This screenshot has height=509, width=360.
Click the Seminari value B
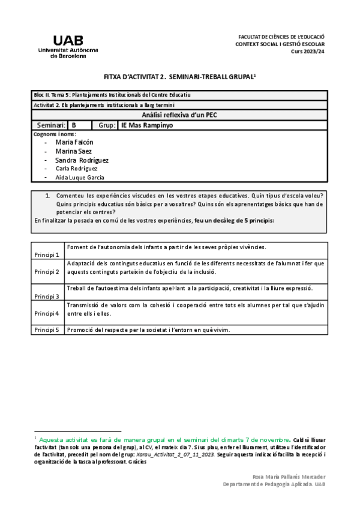coord(74,125)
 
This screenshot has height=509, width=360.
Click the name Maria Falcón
coord(74,142)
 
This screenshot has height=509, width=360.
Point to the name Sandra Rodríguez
coord(82,160)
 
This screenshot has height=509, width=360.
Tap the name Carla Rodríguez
coord(76,169)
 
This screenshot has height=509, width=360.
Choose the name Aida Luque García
coord(79,178)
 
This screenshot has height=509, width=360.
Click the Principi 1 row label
coord(47,254)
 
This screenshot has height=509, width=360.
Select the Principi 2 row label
coord(47,272)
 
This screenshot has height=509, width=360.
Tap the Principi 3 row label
coord(47,297)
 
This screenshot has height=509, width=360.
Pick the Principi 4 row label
coord(47,313)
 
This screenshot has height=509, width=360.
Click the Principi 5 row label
coord(47,330)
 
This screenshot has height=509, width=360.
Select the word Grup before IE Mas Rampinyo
coord(106,125)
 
